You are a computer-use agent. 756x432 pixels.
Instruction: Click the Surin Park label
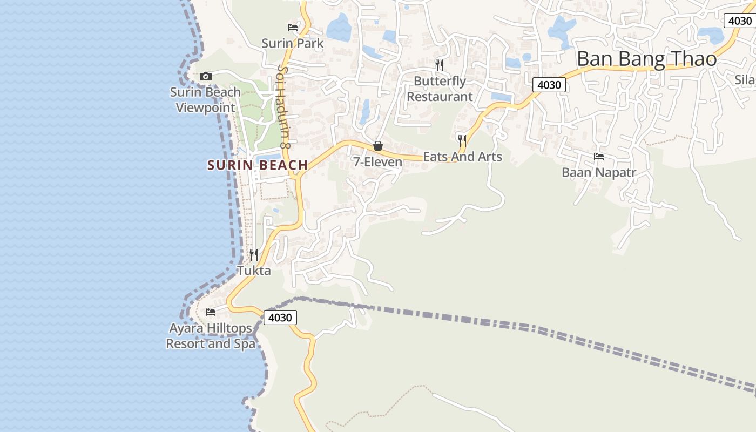coord(292,43)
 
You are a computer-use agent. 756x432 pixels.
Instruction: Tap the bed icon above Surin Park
coord(293,27)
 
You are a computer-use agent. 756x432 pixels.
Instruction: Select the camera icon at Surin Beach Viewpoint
coord(206,76)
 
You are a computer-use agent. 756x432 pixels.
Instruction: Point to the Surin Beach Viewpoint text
coord(205,100)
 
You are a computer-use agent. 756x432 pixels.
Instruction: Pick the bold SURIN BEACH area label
coord(258,165)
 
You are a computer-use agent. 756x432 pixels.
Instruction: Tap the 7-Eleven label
coord(377,161)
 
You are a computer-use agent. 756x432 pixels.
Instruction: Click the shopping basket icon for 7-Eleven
coord(378,146)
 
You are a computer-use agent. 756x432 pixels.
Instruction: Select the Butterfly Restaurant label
coord(440,89)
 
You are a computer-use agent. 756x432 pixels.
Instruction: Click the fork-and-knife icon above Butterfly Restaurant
coord(440,65)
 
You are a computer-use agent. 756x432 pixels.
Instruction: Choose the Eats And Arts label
coord(462,157)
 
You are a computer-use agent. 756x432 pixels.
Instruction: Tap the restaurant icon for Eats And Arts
coord(462,141)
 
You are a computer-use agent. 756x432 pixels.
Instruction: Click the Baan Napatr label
coord(599,173)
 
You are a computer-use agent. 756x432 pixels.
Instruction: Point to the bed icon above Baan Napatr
coord(599,157)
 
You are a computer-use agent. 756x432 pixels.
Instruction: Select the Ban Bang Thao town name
coord(646,59)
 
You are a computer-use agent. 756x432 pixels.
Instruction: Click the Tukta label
coord(254,271)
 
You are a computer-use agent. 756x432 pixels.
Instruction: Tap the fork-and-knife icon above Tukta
coord(254,254)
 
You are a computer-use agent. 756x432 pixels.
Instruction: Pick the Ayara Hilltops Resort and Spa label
coord(211,336)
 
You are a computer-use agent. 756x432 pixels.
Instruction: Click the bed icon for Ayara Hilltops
coord(211,312)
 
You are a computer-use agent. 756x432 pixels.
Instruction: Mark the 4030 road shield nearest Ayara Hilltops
coord(280,318)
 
